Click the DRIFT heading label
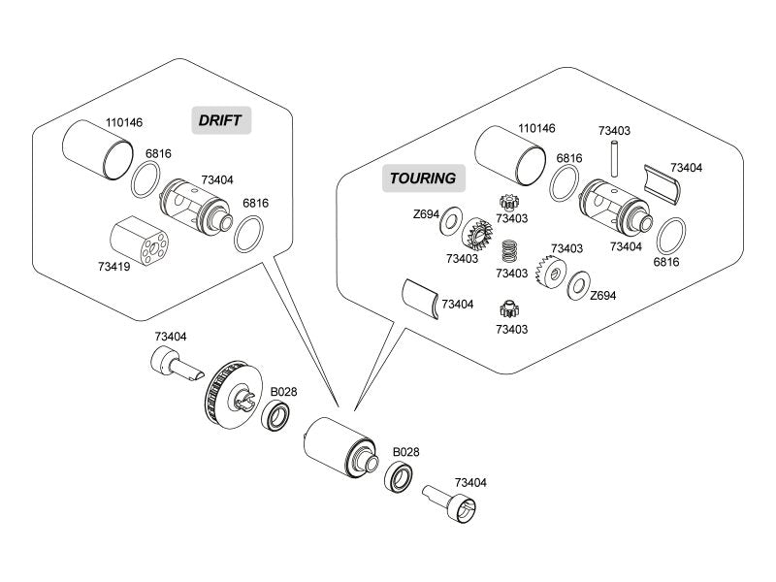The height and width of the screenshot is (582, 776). pos(221,120)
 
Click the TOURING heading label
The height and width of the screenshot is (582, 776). pos(422,178)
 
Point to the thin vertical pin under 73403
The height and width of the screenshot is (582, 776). pos(615,155)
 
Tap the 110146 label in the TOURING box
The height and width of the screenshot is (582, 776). pos(536,128)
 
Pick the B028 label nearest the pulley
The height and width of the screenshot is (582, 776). pos(283,392)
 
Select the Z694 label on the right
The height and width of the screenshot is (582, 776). pos(602,296)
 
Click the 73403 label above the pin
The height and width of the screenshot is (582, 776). pos(614,131)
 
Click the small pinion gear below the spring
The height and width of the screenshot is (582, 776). pos(507,310)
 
